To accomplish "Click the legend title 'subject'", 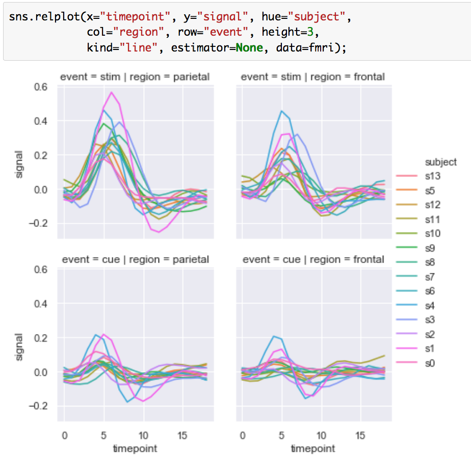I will coord(440,162).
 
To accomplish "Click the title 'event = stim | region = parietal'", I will coord(135,77).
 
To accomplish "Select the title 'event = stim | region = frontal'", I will coord(312,77).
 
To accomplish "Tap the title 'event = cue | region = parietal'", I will coord(135,259).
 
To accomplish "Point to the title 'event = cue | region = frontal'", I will coord(313,259).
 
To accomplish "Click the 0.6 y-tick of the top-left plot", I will coord(41,87).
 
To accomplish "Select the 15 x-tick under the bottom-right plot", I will coord(360,436).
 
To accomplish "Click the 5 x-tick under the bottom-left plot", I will coord(104,436).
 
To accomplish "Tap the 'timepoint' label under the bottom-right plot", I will coord(313,449).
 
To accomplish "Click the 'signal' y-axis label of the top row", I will coord(19,164).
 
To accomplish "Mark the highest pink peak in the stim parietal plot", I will coord(111,92).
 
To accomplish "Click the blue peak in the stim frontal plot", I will coord(281,111).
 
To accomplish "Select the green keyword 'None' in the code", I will coord(249,47).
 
